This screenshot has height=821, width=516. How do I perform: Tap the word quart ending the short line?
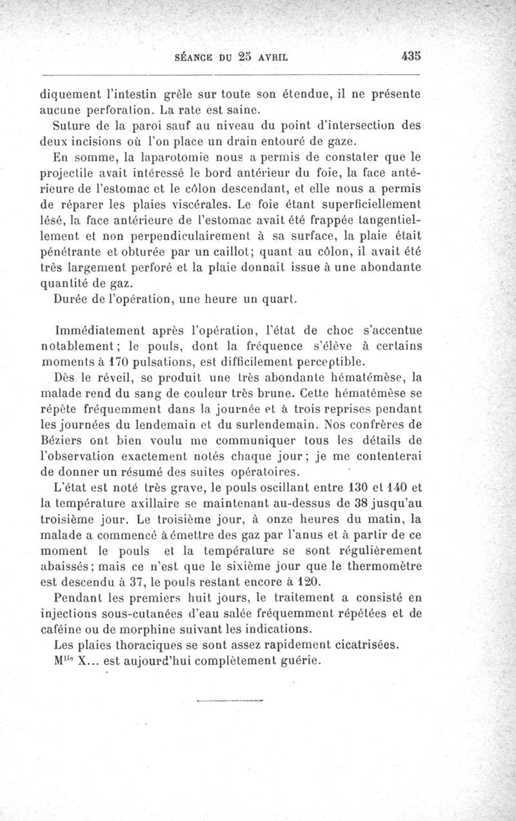[x=279, y=298]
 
